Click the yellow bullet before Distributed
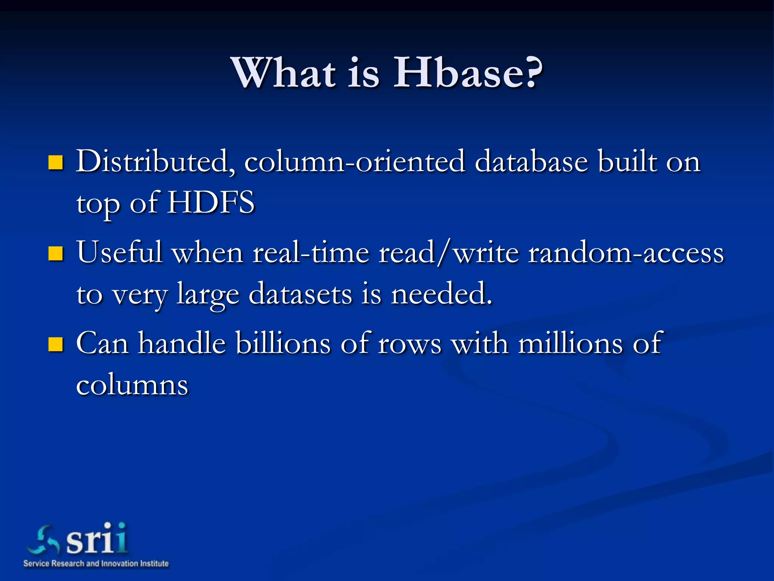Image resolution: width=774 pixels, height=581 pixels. click(x=56, y=163)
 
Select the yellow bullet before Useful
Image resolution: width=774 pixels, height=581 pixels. click(x=56, y=253)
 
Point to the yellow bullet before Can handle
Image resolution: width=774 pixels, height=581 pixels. click(x=56, y=344)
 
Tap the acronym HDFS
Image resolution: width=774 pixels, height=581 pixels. click(x=211, y=203)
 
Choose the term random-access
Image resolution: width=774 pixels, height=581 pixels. click(x=626, y=253)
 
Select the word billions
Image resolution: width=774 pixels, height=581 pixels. click(x=283, y=343)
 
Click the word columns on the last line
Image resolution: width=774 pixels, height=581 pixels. click(x=132, y=385)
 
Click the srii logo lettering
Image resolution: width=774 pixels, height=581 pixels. click(x=97, y=539)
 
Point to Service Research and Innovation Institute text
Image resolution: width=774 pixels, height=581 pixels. click(x=96, y=564)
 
